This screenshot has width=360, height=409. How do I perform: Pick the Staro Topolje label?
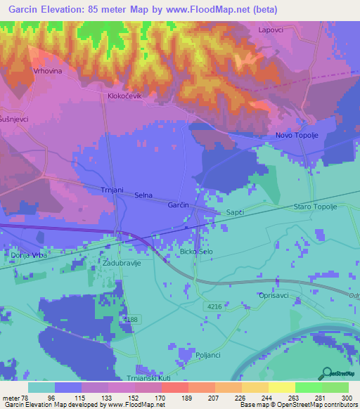tap(316, 207)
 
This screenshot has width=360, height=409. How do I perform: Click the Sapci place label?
tap(235, 211)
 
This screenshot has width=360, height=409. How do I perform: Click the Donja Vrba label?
tap(27, 254)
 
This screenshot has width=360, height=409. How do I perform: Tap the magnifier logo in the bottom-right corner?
tap(327, 372)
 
